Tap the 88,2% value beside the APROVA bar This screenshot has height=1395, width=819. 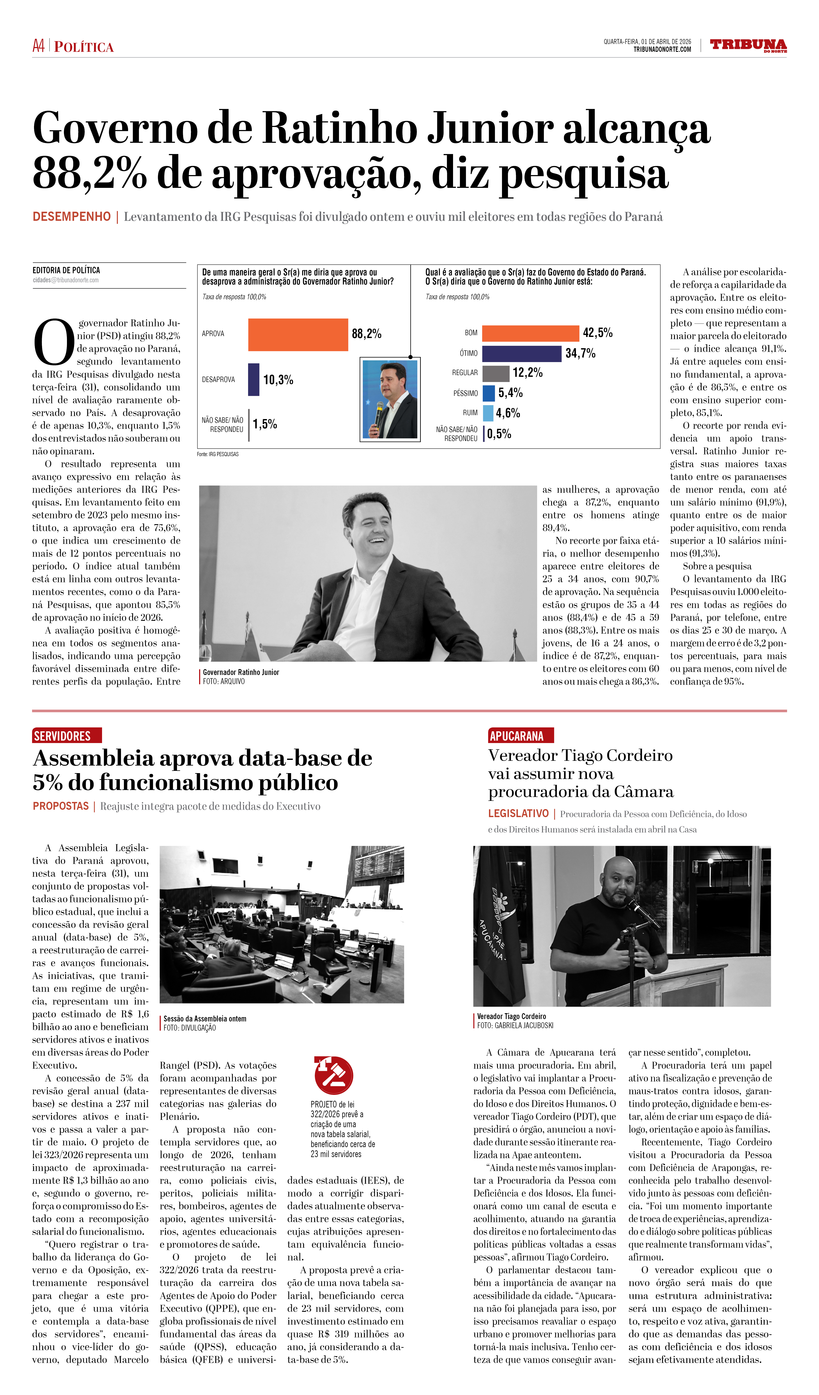pos(366,334)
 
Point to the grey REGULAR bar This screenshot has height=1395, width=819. pos(495,373)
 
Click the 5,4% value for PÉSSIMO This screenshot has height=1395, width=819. pos(510,393)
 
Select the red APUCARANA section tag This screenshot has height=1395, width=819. pos(520,736)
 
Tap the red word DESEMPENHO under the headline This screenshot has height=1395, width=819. pos(71,216)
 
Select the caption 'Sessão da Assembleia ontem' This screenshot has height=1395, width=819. pos(205,1019)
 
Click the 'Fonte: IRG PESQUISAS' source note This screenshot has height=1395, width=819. pos(218,454)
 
